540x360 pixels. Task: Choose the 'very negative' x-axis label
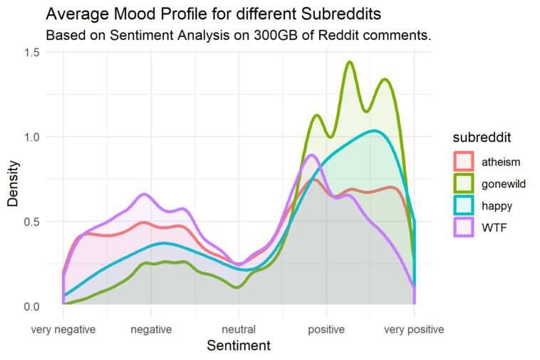(x=63, y=329)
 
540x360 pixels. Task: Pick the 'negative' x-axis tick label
(x=151, y=329)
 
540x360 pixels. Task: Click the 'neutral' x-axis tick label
(x=239, y=329)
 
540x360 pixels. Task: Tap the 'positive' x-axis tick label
(x=326, y=329)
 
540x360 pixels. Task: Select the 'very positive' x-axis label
(x=414, y=329)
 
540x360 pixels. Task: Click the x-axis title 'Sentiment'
(x=239, y=346)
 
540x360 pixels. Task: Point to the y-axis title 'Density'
(x=13, y=180)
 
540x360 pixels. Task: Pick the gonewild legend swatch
(x=464, y=182)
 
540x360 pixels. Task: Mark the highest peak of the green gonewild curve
(x=350, y=62)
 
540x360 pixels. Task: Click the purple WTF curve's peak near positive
(x=312, y=155)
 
